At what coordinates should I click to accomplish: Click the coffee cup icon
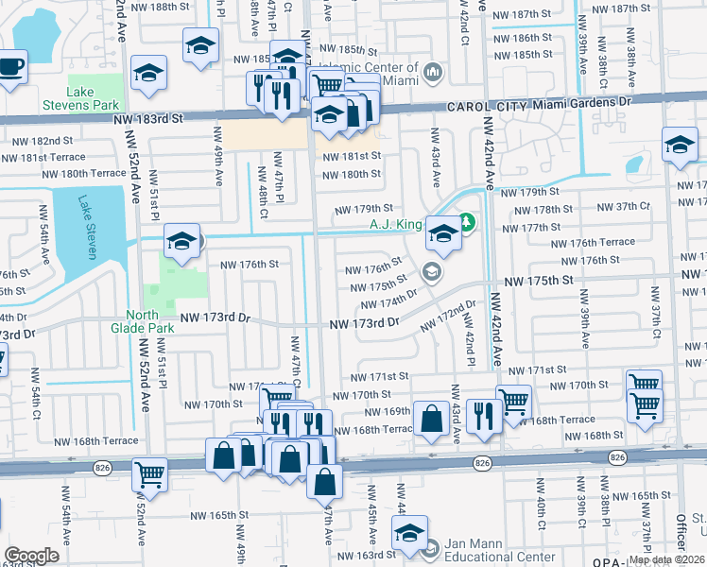pos(11,67)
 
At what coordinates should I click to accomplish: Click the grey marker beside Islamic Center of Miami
pos(434,72)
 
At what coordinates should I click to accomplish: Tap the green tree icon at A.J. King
pos(466,223)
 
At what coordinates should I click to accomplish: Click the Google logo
pos(31,556)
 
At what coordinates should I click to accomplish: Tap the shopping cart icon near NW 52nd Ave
pos(150,472)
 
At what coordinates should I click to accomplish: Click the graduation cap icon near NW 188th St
pos(200,45)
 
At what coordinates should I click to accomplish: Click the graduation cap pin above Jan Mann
pos(410,533)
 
